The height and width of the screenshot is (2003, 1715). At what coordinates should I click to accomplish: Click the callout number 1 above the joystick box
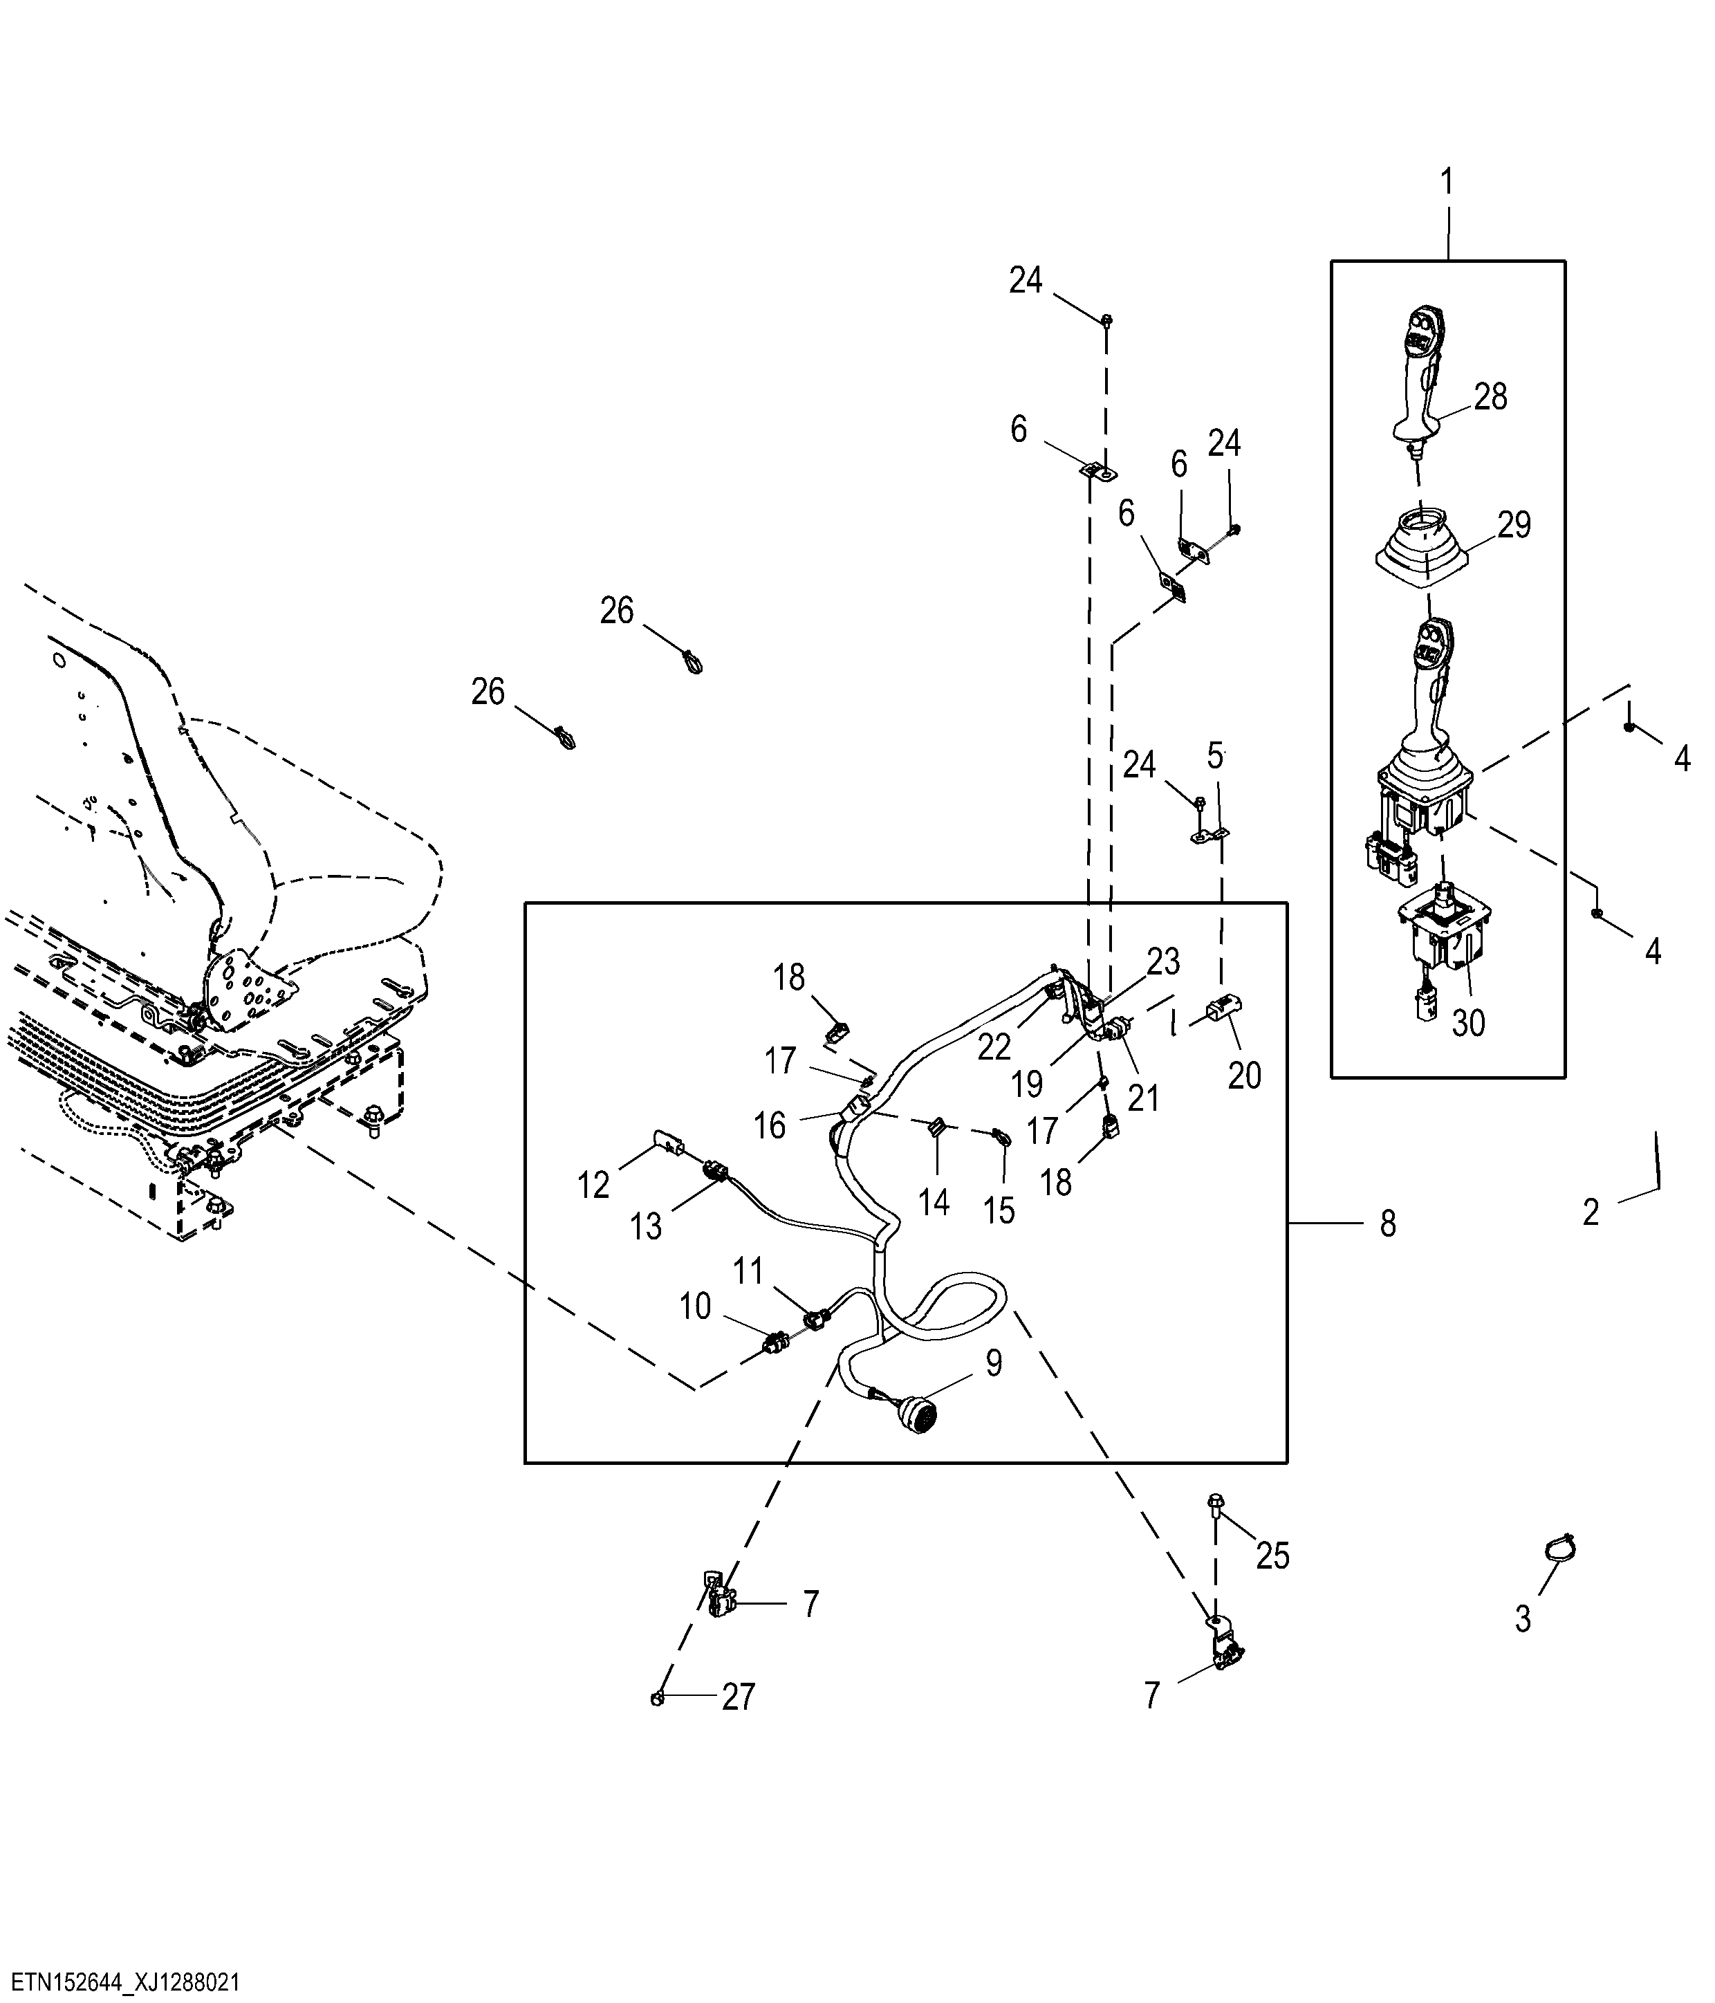(1447, 182)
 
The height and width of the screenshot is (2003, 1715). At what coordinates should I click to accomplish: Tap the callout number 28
(1491, 396)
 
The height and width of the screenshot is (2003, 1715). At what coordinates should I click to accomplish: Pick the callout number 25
(1273, 1556)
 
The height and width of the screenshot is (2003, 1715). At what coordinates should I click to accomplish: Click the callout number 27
(739, 1697)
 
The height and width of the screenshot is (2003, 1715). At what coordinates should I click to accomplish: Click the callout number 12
(593, 1184)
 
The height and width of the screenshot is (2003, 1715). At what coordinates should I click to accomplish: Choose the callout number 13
(646, 1226)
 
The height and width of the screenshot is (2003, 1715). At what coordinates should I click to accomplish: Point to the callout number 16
(770, 1125)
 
